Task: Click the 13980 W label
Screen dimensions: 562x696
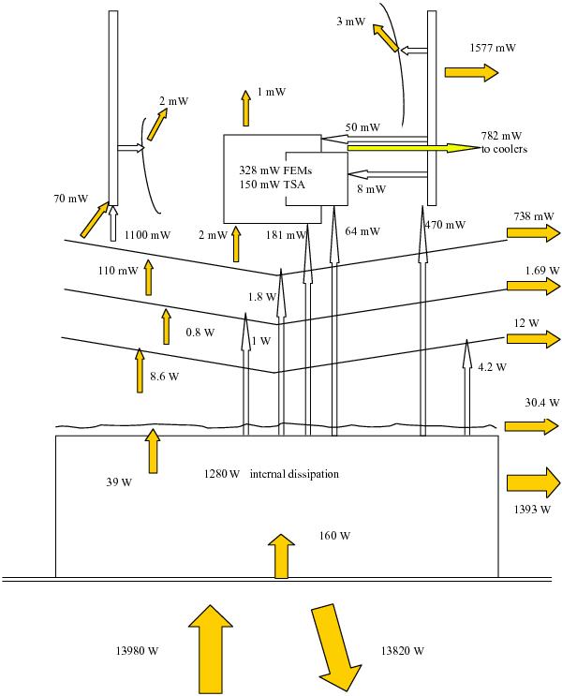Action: tap(137, 651)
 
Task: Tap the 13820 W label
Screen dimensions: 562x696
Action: tap(402, 651)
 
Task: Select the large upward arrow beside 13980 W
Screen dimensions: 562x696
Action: tap(211, 648)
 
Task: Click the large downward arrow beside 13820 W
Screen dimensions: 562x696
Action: tap(335, 647)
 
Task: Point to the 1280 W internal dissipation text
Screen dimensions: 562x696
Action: tap(272, 474)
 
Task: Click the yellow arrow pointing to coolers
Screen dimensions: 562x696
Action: tap(414, 148)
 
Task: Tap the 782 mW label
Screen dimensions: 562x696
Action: tap(501, 136)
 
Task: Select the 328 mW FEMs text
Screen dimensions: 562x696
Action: tap(275, 170)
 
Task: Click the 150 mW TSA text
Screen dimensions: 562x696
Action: tap(273, 185)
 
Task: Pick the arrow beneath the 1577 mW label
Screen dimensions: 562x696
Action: tap(471, 72)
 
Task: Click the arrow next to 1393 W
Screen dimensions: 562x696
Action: tap(534, 482)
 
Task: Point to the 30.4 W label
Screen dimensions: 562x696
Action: tap(542, 403)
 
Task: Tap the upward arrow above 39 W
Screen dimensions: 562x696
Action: tap(153, 451)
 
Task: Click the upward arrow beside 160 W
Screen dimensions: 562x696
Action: tap(281, 556)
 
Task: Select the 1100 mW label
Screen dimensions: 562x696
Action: tap(147, 234)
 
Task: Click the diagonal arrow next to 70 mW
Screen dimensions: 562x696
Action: tap(95, 219)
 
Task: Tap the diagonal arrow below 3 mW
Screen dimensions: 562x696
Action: tap(385, 38)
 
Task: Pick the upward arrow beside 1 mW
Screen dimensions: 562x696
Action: tap(246, 108)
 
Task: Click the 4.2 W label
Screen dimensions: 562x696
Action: tap(492, 367)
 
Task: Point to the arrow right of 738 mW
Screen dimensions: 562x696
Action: tap(534, 233)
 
